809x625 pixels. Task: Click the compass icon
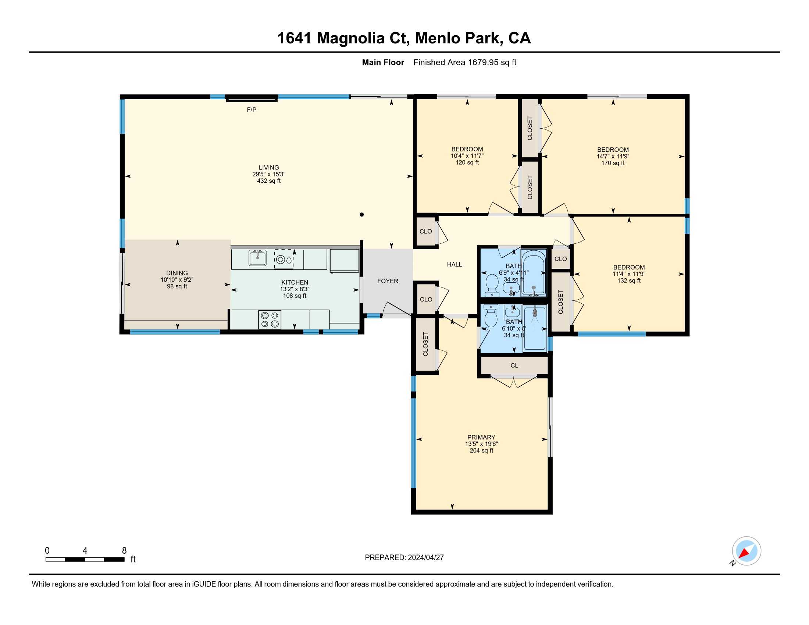[746, 551]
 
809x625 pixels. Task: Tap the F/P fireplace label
[252, 110]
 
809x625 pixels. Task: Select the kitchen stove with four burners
[270, 319]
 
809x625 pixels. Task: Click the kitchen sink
[257, 258]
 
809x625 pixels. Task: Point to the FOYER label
[388, 281]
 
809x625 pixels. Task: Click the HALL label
[455, 264]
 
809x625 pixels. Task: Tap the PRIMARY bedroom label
[481, 437]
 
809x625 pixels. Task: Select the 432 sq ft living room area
[269, 181]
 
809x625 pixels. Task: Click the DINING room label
[177, 273]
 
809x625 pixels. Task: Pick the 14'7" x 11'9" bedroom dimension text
[613, 156]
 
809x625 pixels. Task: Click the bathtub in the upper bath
[534, 273]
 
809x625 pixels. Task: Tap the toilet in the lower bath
[491, 316]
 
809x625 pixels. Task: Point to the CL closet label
[514, 365]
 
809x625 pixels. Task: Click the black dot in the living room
[362, 214]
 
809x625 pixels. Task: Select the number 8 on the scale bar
[124, 551]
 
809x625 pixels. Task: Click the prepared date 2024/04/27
[425, 558]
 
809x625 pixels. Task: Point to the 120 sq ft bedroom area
[467, 162]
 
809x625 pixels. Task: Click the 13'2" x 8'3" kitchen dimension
[295, 289]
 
